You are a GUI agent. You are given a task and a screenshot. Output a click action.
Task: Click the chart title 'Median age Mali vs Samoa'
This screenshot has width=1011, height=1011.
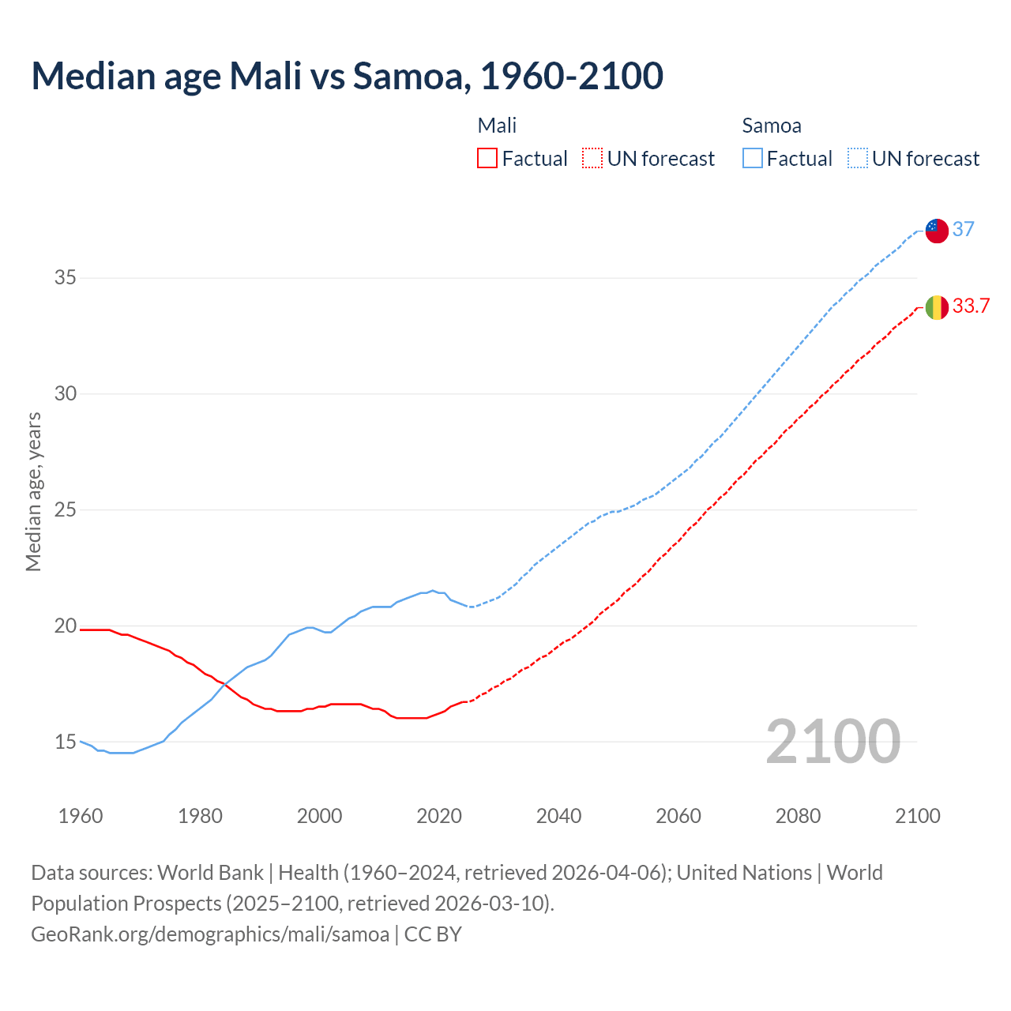(x=347, y=76)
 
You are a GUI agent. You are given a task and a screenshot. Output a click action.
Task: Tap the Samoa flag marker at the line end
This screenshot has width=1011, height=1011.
(x=936, y=231)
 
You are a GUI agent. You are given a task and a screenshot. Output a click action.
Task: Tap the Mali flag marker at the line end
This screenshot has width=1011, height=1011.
(x=936, y=307)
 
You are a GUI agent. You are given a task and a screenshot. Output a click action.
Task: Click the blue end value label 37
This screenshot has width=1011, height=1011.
(x=963, y=229)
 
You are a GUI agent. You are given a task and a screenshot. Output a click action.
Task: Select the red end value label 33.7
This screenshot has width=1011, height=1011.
(x=971, y=306)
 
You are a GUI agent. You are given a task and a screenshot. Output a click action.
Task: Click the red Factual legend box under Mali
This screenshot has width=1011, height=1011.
(x=487, y=159)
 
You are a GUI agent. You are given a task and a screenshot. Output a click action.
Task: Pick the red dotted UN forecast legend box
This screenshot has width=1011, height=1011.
(x=592, y=159)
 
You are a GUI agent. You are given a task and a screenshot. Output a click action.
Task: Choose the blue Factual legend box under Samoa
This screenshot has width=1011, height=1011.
(x=753, y=159)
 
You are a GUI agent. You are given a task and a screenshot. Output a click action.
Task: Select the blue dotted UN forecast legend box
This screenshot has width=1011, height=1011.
(x=857, y=159)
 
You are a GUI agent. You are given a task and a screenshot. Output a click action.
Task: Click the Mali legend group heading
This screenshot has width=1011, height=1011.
(x=497, y=126)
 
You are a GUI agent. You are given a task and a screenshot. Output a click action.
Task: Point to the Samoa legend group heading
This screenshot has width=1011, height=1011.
(x=771, y=126)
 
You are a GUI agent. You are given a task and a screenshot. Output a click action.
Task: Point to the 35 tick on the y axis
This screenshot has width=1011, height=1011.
(x=65, y=277)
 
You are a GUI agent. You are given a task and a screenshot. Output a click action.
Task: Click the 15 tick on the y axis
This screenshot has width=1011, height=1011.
(x=65, y=742)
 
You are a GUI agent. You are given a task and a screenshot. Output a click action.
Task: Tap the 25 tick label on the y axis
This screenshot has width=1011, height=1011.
(x=65, y=509)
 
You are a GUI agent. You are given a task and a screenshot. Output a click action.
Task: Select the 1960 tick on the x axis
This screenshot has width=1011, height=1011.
(x=81, y=816)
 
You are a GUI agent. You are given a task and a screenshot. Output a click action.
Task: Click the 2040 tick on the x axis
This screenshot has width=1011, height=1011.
(x=558, y=816)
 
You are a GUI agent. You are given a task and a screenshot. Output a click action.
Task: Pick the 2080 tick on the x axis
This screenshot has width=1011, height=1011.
(x=798, y=816)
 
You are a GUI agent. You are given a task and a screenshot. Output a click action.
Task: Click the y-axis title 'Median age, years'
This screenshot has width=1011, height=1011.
(x=33, y=491)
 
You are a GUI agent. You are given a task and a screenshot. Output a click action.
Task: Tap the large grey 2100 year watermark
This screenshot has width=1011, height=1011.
(x=832, y=741)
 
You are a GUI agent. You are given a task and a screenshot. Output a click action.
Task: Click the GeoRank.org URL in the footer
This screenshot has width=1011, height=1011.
(x=210, y=934)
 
